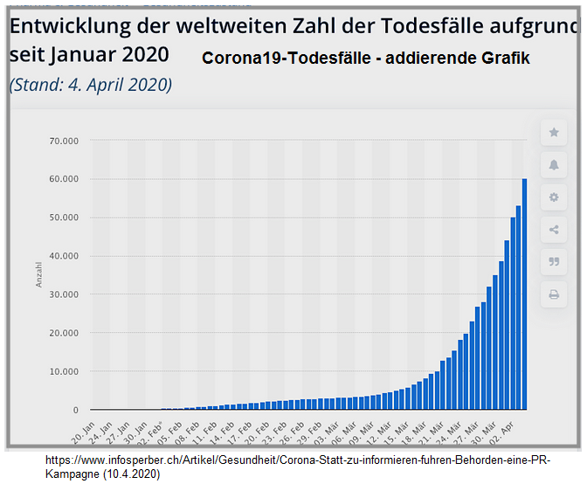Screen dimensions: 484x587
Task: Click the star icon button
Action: [x=553, y=133]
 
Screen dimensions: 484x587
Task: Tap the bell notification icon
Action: [x=553, y=165]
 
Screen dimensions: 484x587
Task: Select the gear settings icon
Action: [x=553, y=197]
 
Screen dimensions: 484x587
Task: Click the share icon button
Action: [x=553, y=230]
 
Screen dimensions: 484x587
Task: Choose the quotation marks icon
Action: [x=553, y=261]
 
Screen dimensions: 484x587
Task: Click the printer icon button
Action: [x=553, y=294]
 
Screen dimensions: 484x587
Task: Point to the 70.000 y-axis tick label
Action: [x=63, y=141]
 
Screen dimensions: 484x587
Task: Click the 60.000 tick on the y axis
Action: [x=63, y=179]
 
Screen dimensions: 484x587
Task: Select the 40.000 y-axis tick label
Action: [x=63, y=256]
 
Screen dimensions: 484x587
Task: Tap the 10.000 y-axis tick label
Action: [x=63, y=371]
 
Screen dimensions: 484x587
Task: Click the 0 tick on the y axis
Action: [x=75, y=410]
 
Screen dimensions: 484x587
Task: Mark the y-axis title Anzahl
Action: [x=38, y=275]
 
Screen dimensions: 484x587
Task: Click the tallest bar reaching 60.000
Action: [x=524, y=294]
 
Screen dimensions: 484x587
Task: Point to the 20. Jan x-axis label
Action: [x=84, y=428]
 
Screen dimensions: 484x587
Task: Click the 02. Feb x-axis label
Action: [x=156, y=429]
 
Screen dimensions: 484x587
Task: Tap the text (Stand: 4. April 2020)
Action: [x=91, y=85]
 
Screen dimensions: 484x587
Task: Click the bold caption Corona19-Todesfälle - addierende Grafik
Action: [x=365, y=59]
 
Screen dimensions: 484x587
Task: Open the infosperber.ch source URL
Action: [x=297, y=466]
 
